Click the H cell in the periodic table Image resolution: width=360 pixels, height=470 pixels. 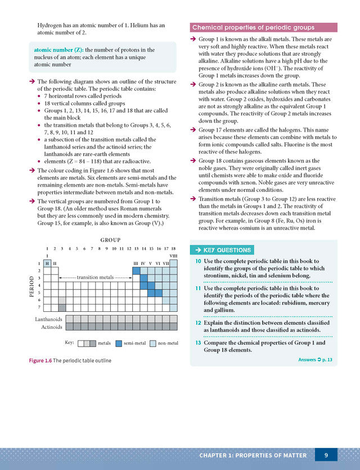click(47, 263)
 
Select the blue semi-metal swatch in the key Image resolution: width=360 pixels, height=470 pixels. click(118, 343)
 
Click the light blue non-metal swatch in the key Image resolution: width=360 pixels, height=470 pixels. click(153, 343)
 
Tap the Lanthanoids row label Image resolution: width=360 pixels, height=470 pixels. click(48, 319)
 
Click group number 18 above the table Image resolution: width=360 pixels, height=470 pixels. click(173, 248)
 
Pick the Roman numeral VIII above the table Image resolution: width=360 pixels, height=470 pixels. click(173, 256)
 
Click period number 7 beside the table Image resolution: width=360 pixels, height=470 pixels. click(39, 307)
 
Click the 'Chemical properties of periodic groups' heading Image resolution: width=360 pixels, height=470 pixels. click(253, 28)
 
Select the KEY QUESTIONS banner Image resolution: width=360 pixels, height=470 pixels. click(221, 250)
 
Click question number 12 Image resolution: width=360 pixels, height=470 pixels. click(198, 323)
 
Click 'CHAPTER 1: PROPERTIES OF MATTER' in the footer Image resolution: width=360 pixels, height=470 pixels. click(253, 455)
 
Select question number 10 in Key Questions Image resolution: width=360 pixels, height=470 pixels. click(198, 261)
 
